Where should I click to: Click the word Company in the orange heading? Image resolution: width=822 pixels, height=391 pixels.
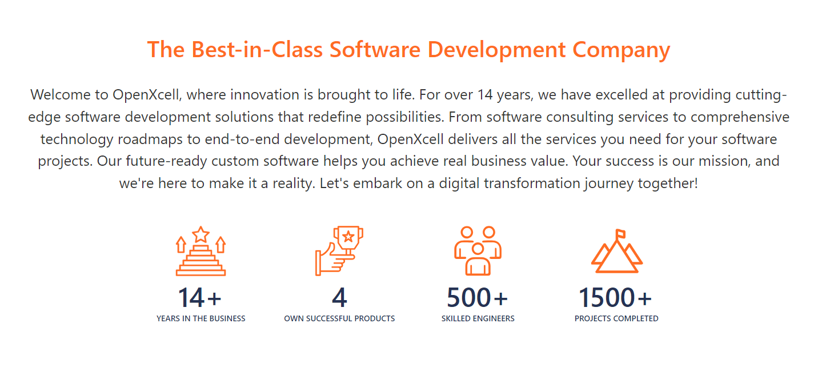coord(621,50)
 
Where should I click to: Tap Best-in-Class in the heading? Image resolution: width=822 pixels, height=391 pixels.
coord(257,49)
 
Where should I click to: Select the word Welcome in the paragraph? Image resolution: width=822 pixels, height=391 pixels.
coord(60,95)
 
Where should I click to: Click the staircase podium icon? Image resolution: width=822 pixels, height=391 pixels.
coord(201,251)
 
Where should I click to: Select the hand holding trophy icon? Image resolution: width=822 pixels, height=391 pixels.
coord(339,251)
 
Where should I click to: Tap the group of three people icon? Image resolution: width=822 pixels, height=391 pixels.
coord(478,251)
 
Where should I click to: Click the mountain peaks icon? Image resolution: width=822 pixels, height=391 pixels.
coord(617,251)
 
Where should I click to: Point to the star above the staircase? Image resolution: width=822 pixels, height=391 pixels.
coord(201,234)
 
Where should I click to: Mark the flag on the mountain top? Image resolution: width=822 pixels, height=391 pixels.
coord(620,234)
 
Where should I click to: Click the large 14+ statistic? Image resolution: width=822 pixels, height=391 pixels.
coord(199,297)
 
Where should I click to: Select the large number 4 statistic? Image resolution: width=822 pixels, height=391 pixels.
coord(339,297)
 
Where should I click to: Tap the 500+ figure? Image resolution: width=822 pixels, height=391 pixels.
coord(478,297)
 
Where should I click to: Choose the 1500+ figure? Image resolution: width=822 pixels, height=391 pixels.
coord(615,297)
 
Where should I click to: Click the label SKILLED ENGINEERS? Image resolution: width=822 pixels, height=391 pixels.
coord(478,318)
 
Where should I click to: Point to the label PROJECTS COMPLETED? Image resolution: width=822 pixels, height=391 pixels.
coord(616,318)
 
